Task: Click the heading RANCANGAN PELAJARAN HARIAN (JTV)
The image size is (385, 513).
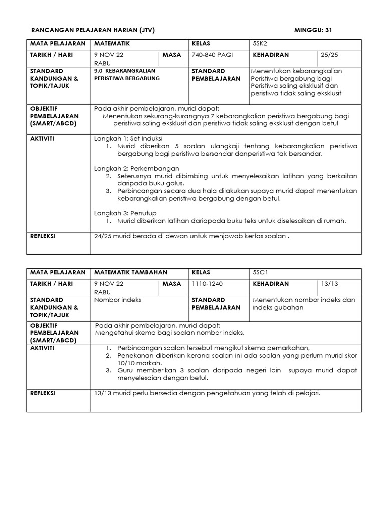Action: (93, 30)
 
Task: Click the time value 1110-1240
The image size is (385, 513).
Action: (206, 284)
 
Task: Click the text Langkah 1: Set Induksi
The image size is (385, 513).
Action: (128, 138)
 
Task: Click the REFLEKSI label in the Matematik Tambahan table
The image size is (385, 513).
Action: (44, 393)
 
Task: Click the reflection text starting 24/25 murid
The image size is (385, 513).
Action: (192, 237)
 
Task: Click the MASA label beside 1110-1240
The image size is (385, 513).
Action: (172, 284)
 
